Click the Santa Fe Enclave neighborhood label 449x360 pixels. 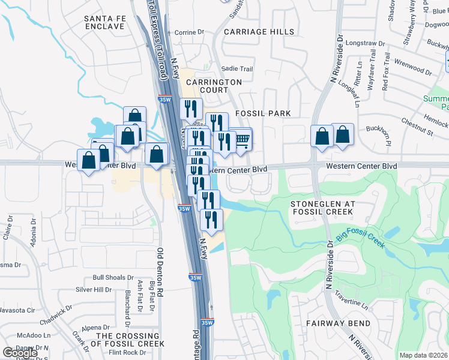(106, 23)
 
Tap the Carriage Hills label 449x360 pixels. (259, 32)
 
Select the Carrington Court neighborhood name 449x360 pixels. (213, 86)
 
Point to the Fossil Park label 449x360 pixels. (263, 113)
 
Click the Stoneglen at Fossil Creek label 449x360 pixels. (323, 208)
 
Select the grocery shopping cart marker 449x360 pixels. (241, 142)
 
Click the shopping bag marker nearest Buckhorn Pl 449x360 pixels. (342, 136)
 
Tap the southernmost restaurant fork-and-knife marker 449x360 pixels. (211, 220)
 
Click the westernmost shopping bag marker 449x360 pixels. (89, 161)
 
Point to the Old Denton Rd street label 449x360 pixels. (160, 271)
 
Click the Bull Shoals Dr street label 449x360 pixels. (113, 278)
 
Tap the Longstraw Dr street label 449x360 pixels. (365, 44)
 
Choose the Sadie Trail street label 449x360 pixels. (237, 69)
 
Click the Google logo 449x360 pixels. (20, 353)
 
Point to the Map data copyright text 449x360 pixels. (423, 355)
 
